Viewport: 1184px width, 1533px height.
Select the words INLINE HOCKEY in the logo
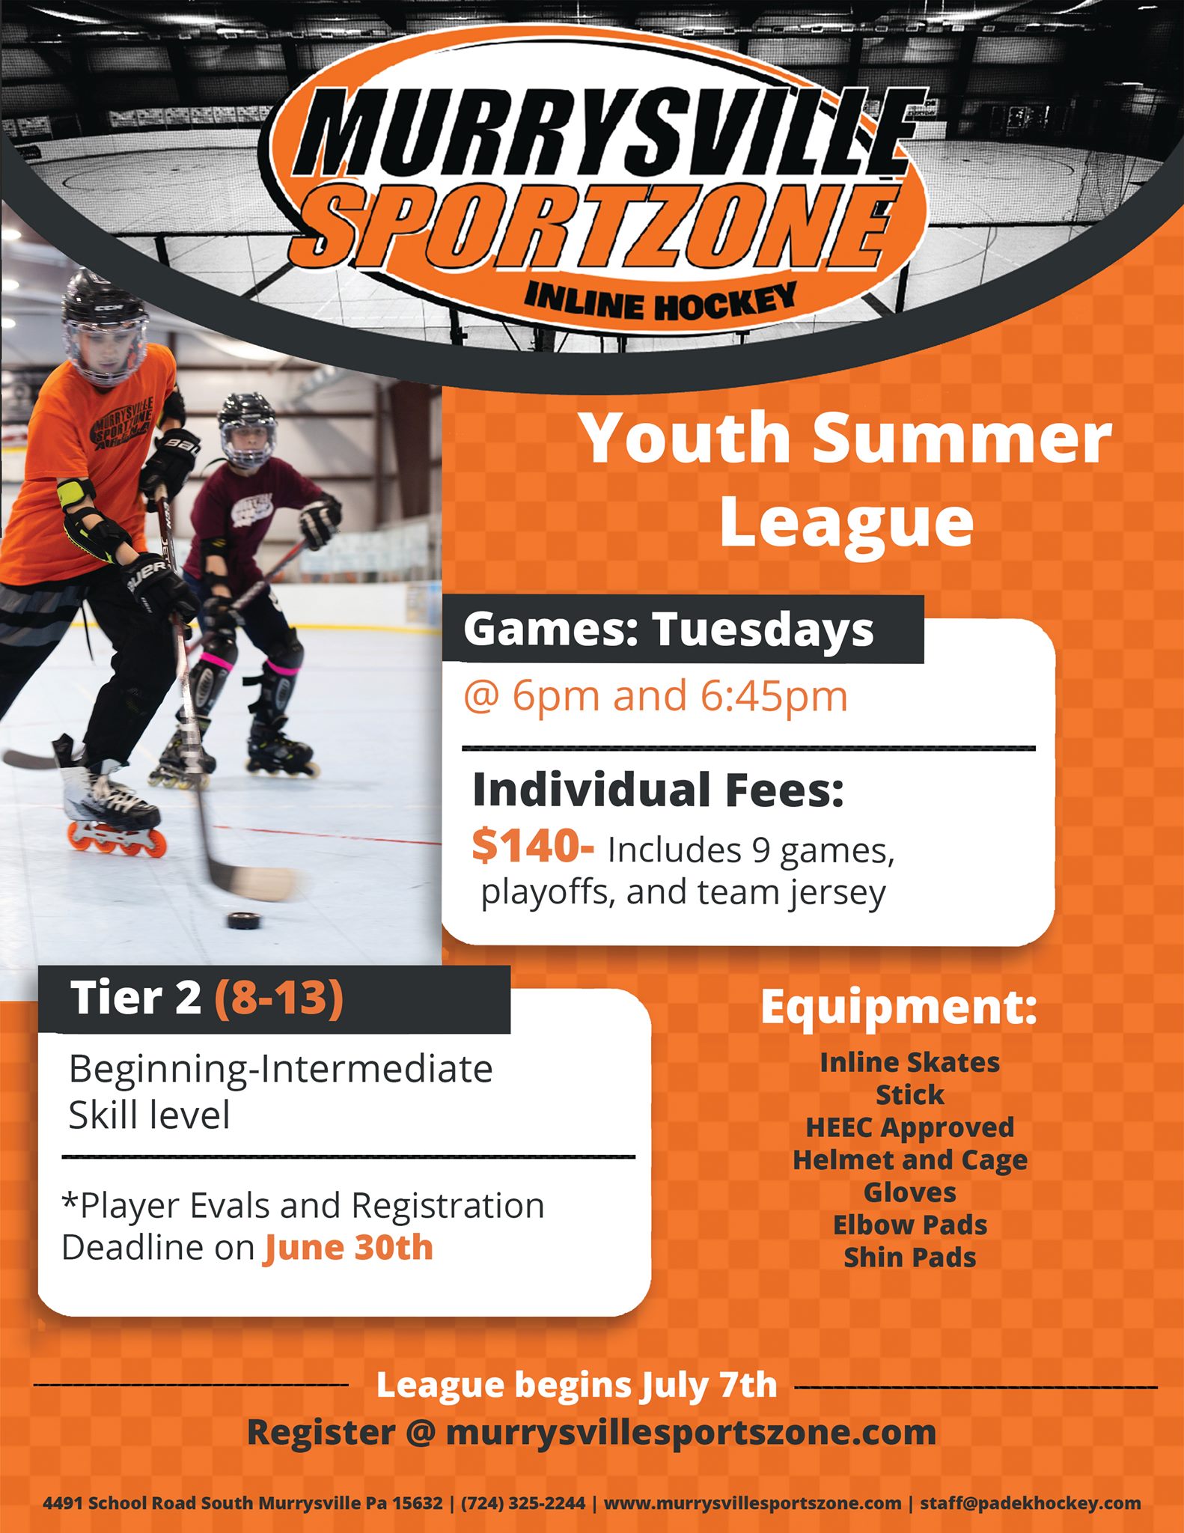pos(660,301)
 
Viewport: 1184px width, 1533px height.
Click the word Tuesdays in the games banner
pos(763,630)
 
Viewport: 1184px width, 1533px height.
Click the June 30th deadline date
pos(349,1248)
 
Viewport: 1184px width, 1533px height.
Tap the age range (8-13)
pos(279,999)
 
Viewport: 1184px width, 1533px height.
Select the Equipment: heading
pos(899,1008)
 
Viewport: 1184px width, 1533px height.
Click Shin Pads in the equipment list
pos(910,1257)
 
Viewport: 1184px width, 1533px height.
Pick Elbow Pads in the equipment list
pos(910,1225)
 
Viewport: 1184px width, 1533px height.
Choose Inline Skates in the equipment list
pos(910,1062)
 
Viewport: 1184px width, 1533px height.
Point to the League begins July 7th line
pos(576,1386)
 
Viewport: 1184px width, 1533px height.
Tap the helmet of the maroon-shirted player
pos(248,429)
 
